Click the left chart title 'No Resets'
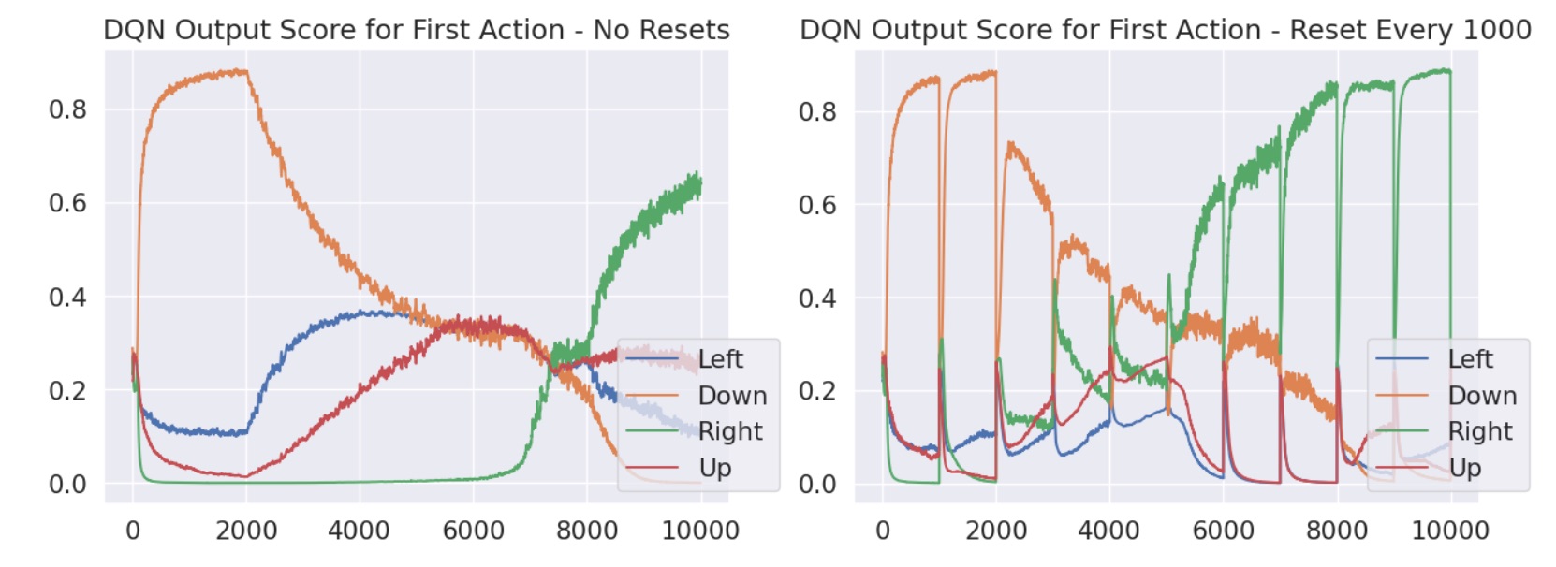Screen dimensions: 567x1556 [416, 30]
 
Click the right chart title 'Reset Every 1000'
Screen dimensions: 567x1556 [1165, 30]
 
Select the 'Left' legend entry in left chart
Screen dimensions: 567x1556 [720, 359]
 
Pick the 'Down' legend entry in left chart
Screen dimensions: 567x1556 [732, 396]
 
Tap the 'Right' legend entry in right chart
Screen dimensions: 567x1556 [1479, 431]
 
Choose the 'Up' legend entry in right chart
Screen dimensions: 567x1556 [1464, 468]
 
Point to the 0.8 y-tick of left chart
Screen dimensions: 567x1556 [67, 110]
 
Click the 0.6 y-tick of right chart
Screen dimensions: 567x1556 [817, 205]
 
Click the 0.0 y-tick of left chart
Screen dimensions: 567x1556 [67, 485]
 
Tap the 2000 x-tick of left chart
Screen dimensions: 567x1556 [246, 531]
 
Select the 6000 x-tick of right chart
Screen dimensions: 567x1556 [1224, 531]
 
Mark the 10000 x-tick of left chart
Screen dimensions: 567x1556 [700, 531]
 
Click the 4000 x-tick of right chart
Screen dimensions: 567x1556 [1109, 531]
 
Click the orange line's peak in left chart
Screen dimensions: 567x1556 [242, 71]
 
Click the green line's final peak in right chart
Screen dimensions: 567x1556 [1446, 70]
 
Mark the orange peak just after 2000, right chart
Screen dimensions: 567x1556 [1008, 143]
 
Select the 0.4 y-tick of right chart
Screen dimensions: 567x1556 [817, 298]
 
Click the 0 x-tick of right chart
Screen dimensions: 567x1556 [882, 531]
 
